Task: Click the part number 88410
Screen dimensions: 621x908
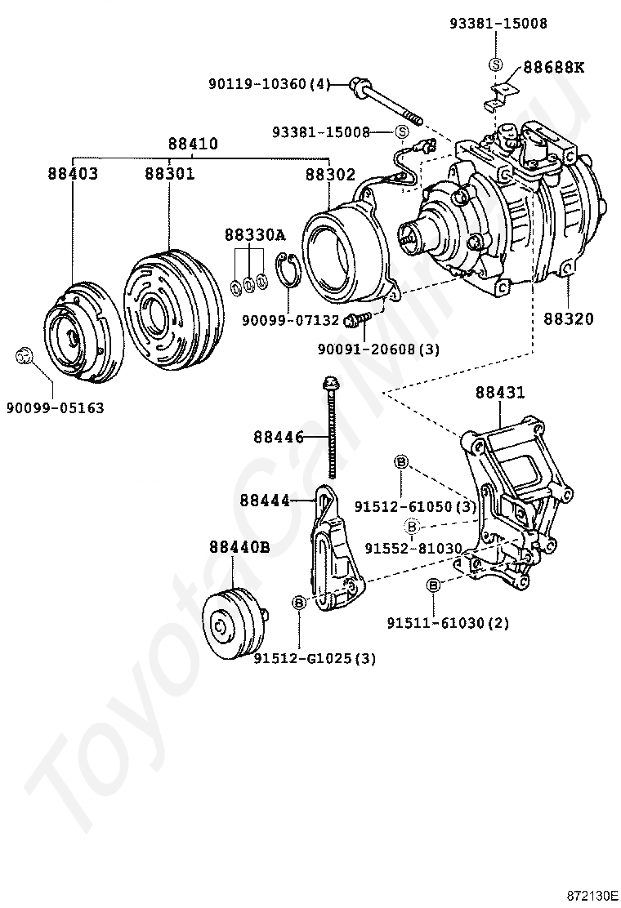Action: coord(194,144)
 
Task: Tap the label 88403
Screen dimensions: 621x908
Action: coord(73,173)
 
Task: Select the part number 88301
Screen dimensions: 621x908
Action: coord(169,173)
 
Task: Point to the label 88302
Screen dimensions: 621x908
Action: coord(330,173)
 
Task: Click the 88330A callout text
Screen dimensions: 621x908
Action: coord(255,235)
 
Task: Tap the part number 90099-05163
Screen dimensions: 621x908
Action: coord(56,407)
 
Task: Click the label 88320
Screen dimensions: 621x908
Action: coord(568,318)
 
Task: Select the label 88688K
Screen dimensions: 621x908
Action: coord(554,68)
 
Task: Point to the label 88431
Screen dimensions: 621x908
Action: coord(500,393)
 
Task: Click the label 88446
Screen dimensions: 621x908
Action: coord(278,437)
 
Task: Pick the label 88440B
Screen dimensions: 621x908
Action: coord(239,546)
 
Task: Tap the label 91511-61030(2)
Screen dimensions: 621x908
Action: coord(449,623)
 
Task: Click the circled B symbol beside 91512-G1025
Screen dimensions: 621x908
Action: coord(299,603)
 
